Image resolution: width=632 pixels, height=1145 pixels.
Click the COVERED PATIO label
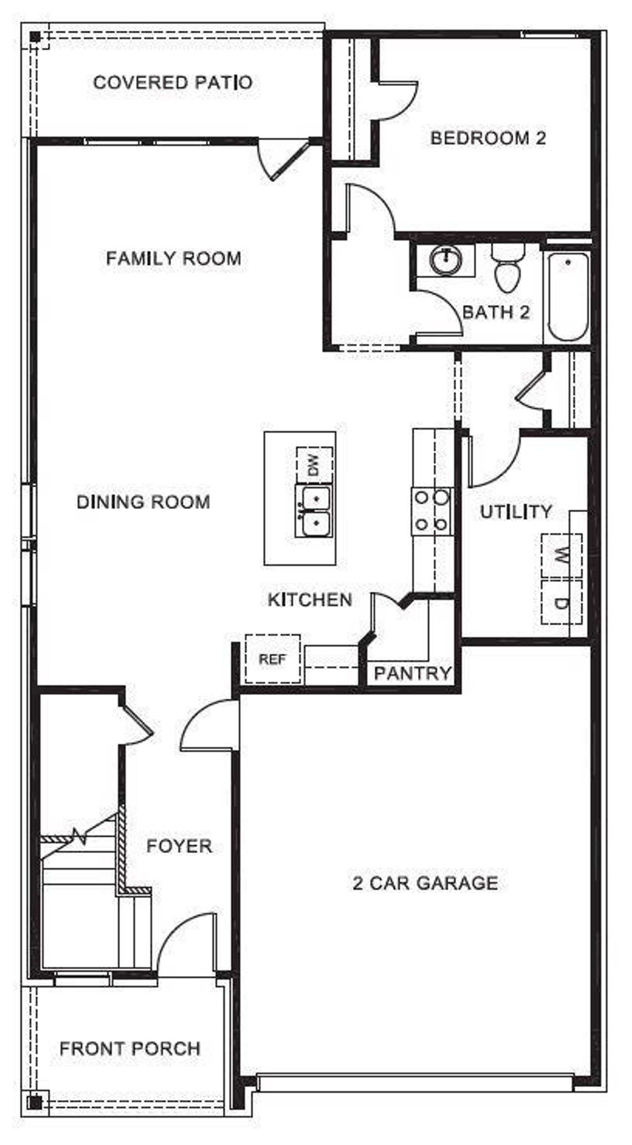point(173,82)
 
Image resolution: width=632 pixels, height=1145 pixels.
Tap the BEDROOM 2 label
point(488,138)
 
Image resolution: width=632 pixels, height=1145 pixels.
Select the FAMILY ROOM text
point(174,258)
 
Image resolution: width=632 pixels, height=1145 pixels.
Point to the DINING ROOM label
point(143,502)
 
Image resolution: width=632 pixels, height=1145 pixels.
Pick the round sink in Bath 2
point(445,258)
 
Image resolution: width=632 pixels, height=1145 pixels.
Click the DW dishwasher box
point(315,465)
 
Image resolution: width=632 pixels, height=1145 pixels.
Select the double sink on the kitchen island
point(313,511)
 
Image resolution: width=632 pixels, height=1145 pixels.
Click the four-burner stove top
point(432,510)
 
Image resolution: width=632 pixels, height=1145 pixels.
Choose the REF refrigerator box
point(273,659)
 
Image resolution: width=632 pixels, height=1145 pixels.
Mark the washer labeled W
point(561,556)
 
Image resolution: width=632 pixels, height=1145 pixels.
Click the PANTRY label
point(413,673)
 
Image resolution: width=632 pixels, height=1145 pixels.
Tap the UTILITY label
point(516,512)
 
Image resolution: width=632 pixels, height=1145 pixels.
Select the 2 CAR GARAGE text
point(425,883)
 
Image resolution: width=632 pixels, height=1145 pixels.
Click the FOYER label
point(179,846)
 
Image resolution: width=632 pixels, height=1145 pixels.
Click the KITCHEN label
point(310,600)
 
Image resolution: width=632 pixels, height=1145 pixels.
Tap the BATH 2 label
point(496,312)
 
